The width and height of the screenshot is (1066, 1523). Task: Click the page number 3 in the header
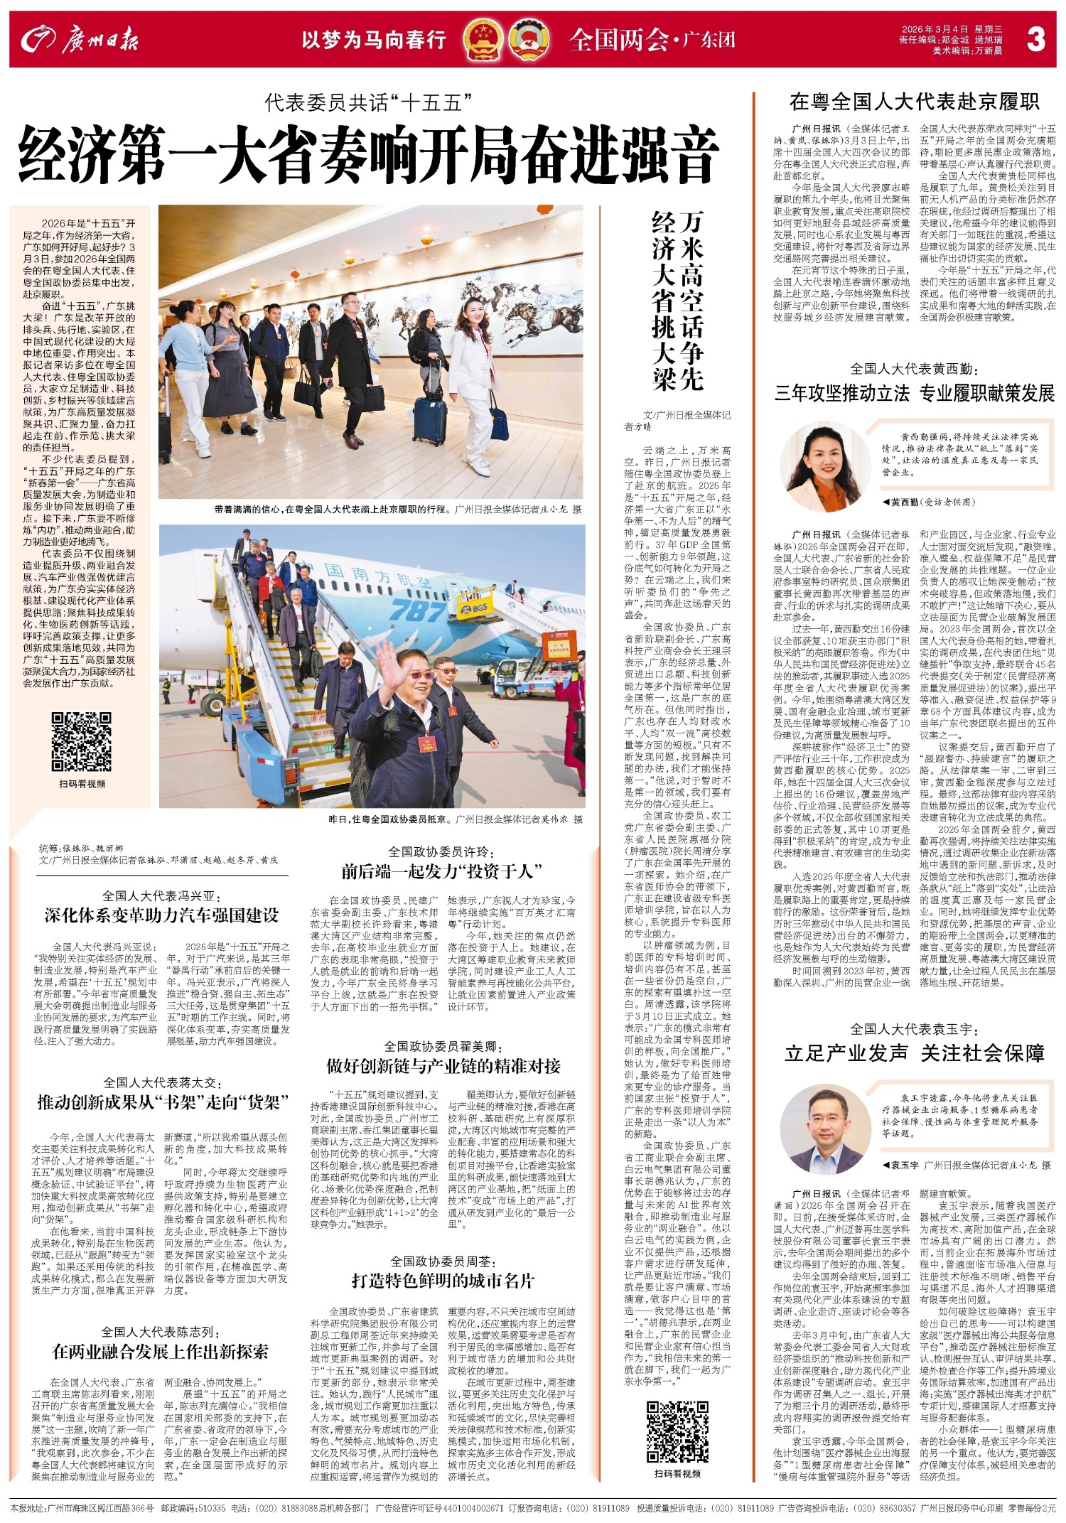[1035, 40]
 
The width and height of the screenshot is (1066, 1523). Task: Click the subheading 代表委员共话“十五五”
[369, 104]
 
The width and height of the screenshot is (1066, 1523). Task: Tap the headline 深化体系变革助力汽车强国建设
[161, 915]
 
